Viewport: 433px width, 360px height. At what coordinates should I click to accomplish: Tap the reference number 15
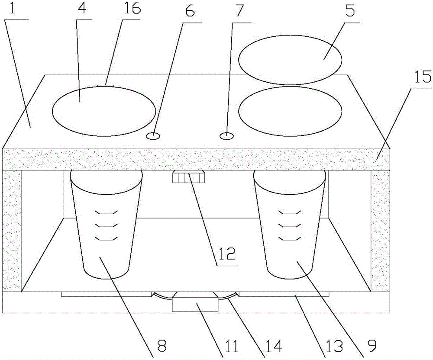pyautogui.click(x=423, y=77)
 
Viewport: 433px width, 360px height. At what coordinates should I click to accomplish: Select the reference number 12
pyautogui.click(x=226, y=254)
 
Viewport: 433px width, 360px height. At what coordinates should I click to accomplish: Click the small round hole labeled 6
pyautogui.click(x=153, y=136)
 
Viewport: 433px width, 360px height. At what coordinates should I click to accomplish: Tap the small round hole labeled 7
pyautogui.click(x=227, y=136)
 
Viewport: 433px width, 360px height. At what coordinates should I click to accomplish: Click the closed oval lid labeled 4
pyautogui.click(x=104, y=111)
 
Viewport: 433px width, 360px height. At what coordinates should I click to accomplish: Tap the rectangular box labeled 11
pyautogui.click(x=195, y=302)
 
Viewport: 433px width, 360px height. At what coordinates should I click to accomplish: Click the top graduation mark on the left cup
pyautogui.click(x=107, y=212)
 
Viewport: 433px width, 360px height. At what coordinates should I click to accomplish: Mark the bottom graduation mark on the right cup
pyautogui.click(x=289, y=238)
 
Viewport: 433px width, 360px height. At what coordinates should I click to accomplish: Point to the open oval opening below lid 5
pyautogui.click(x=290, y=111)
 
